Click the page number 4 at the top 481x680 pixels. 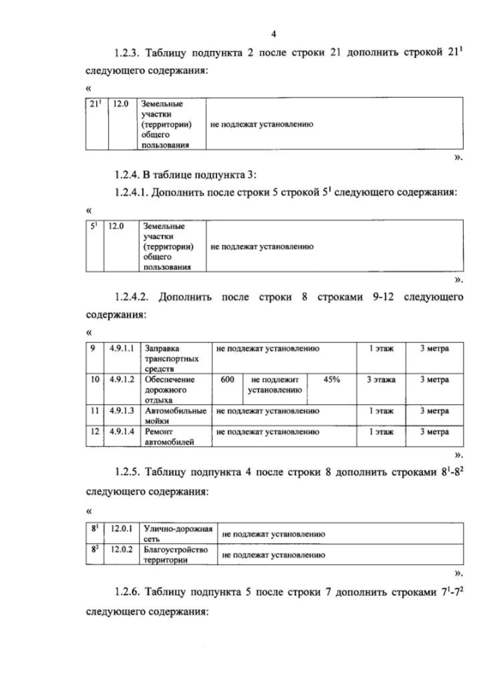(274, 34)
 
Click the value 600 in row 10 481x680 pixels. (227, 380)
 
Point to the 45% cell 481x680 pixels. (331, 380)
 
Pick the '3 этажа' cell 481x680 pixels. (381, 380)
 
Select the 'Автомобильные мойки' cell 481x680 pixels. (175, 416)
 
